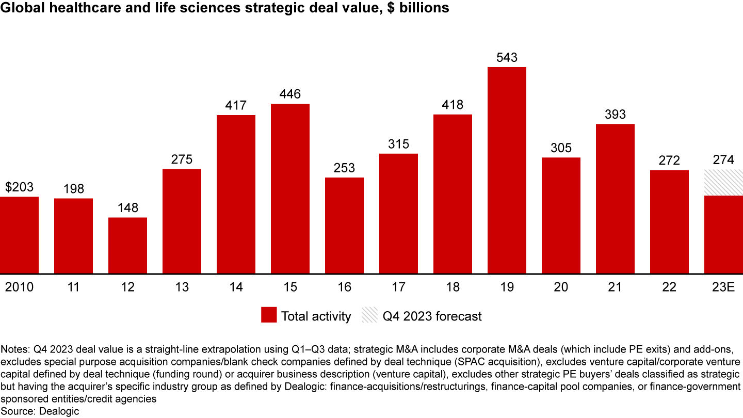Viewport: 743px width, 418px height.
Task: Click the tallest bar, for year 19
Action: pos(507,170)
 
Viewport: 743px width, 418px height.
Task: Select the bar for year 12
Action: pos(127,245)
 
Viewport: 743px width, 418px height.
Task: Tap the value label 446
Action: pos(290,94)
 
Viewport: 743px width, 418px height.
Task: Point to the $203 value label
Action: pos(19,187)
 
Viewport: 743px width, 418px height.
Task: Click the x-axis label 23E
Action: pos(723,287)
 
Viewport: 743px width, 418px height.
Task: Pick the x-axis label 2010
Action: pos(19,287)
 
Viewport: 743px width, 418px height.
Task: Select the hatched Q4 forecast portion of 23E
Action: pos(723,182)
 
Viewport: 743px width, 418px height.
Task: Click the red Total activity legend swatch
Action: pos(269,316)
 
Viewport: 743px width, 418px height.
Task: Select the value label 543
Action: pos(507,58)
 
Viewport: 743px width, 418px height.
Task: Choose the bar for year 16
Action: pos(344,226)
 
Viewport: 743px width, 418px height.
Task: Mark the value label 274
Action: pos(723,160)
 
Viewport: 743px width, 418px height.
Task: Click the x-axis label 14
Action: pos(236,287)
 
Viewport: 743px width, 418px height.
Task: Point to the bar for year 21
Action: pos(615,199)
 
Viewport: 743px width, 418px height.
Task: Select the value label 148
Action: pos(127,208)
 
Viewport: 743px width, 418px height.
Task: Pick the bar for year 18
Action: pos(453,194)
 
